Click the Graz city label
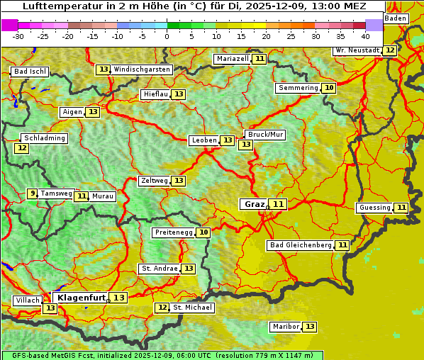(254, 204)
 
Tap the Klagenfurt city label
(82, 298)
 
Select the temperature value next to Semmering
(328, 88)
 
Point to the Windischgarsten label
(142, 69)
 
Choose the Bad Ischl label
(30, 72)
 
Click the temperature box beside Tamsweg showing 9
(32, 193)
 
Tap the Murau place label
(103, 196)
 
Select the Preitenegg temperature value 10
(203, 232)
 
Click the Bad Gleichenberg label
(300, 245)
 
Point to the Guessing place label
(374, 208)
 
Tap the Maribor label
(284, 327)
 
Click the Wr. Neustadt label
(357, 50)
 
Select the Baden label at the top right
(396, 18)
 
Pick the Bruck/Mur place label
(264, 135)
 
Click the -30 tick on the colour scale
(18, 36)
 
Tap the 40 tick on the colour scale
(365, 36)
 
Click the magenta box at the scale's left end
(9, 25)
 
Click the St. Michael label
(192, 308)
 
